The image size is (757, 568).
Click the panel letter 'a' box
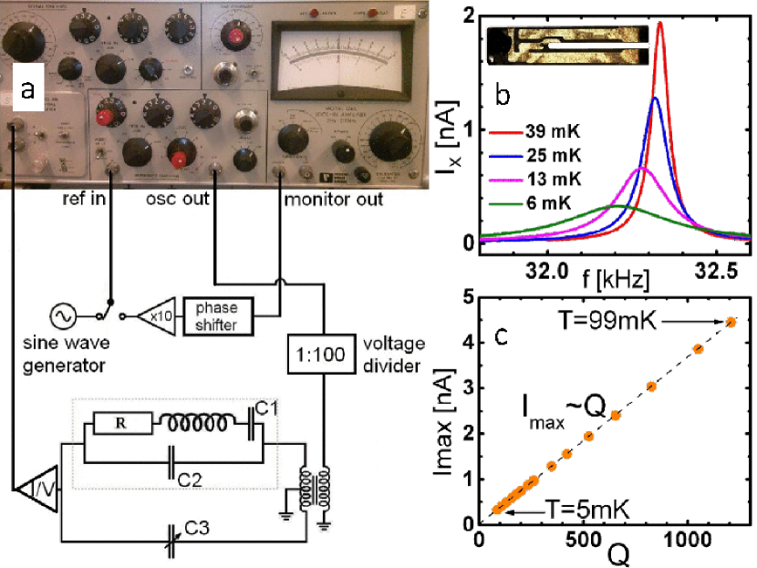(29, 88)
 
